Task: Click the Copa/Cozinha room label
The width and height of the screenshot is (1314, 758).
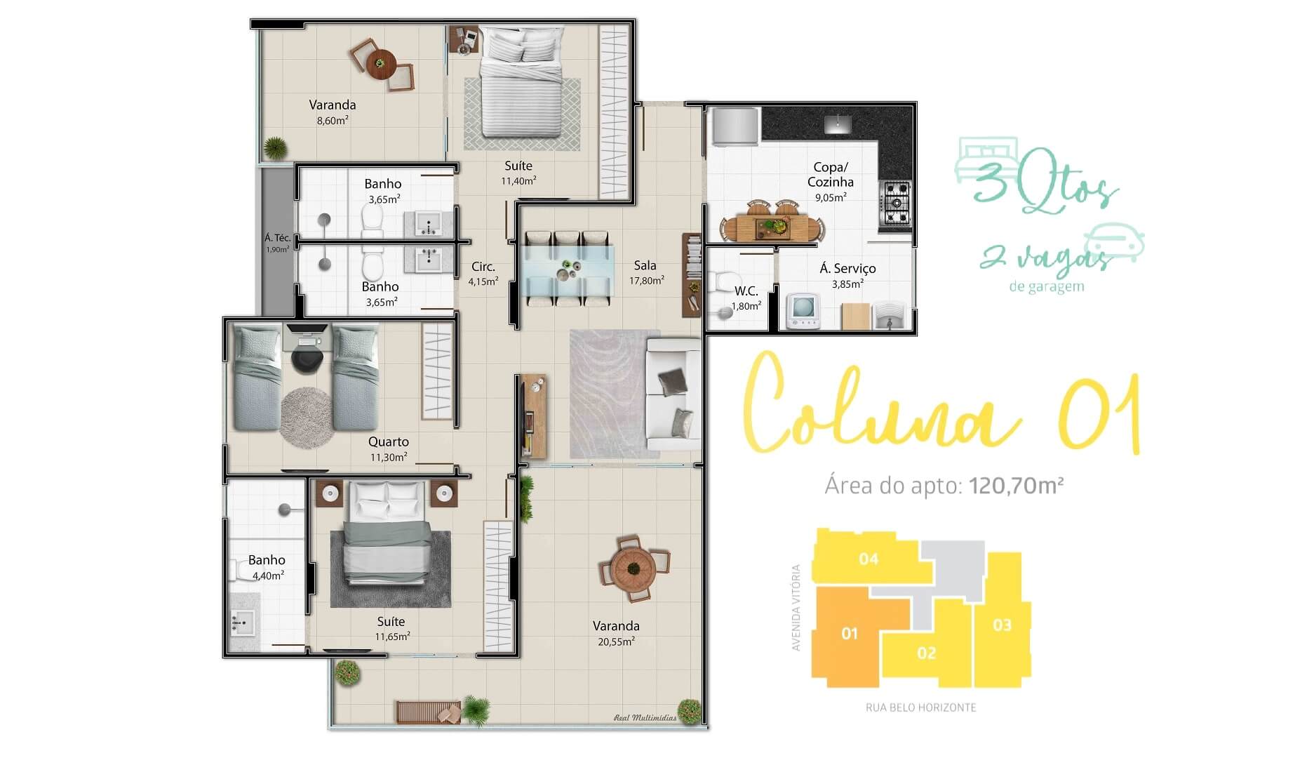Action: point(830,175)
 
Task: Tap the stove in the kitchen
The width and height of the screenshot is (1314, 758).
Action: point(896,205)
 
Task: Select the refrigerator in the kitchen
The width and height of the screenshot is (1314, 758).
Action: point(733,127)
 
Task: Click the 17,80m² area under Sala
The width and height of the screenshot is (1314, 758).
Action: point(646,280)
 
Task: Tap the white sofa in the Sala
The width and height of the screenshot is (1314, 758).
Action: point(672,394)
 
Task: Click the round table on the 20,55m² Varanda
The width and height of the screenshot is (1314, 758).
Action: point(633,566)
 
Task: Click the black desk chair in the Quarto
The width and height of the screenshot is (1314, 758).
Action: point(307,359)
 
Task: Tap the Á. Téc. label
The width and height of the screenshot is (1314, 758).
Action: point(277,238)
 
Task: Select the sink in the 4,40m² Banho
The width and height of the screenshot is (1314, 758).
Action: point(243,621)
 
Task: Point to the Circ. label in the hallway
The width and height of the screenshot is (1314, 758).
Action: point(483,267)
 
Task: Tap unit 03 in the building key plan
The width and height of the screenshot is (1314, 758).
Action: point(1002,625)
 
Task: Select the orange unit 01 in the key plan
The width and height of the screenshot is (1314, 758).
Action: point(850,634)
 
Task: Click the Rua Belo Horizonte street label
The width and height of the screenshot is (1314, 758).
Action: point(920,707)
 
